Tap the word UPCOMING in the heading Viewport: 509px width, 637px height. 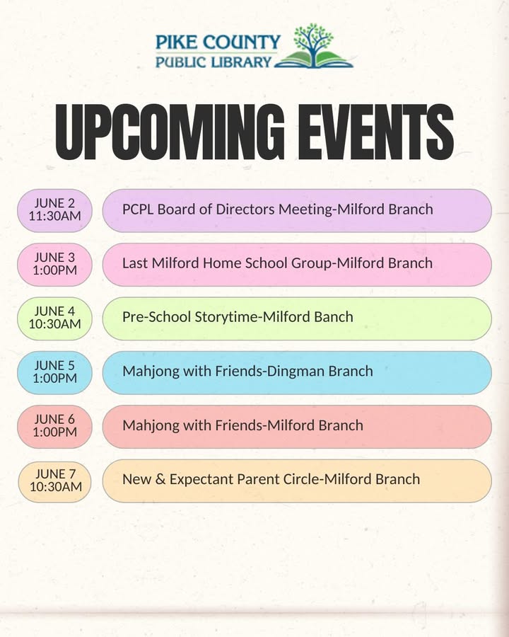coord(170,132)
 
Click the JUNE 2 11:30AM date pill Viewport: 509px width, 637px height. coord(55,210)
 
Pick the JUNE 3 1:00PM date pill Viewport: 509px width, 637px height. coord(55,265)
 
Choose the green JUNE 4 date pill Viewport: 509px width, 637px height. coord(55,318)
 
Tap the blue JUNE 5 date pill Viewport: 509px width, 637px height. coord(55,372)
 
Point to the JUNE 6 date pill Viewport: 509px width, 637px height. coord(55,427)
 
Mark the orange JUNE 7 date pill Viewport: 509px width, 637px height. coord(55,481)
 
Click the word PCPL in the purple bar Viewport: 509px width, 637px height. coord(138,210)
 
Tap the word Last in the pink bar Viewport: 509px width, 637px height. coord(135,263)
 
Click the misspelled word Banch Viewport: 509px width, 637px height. coord(334,317)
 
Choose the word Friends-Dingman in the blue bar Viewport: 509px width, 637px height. coord(270,372)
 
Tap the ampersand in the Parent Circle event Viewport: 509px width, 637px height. coord(160,479)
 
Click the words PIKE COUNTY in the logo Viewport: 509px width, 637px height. coord(218,42)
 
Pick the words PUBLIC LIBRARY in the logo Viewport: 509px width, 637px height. coord(213,62)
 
